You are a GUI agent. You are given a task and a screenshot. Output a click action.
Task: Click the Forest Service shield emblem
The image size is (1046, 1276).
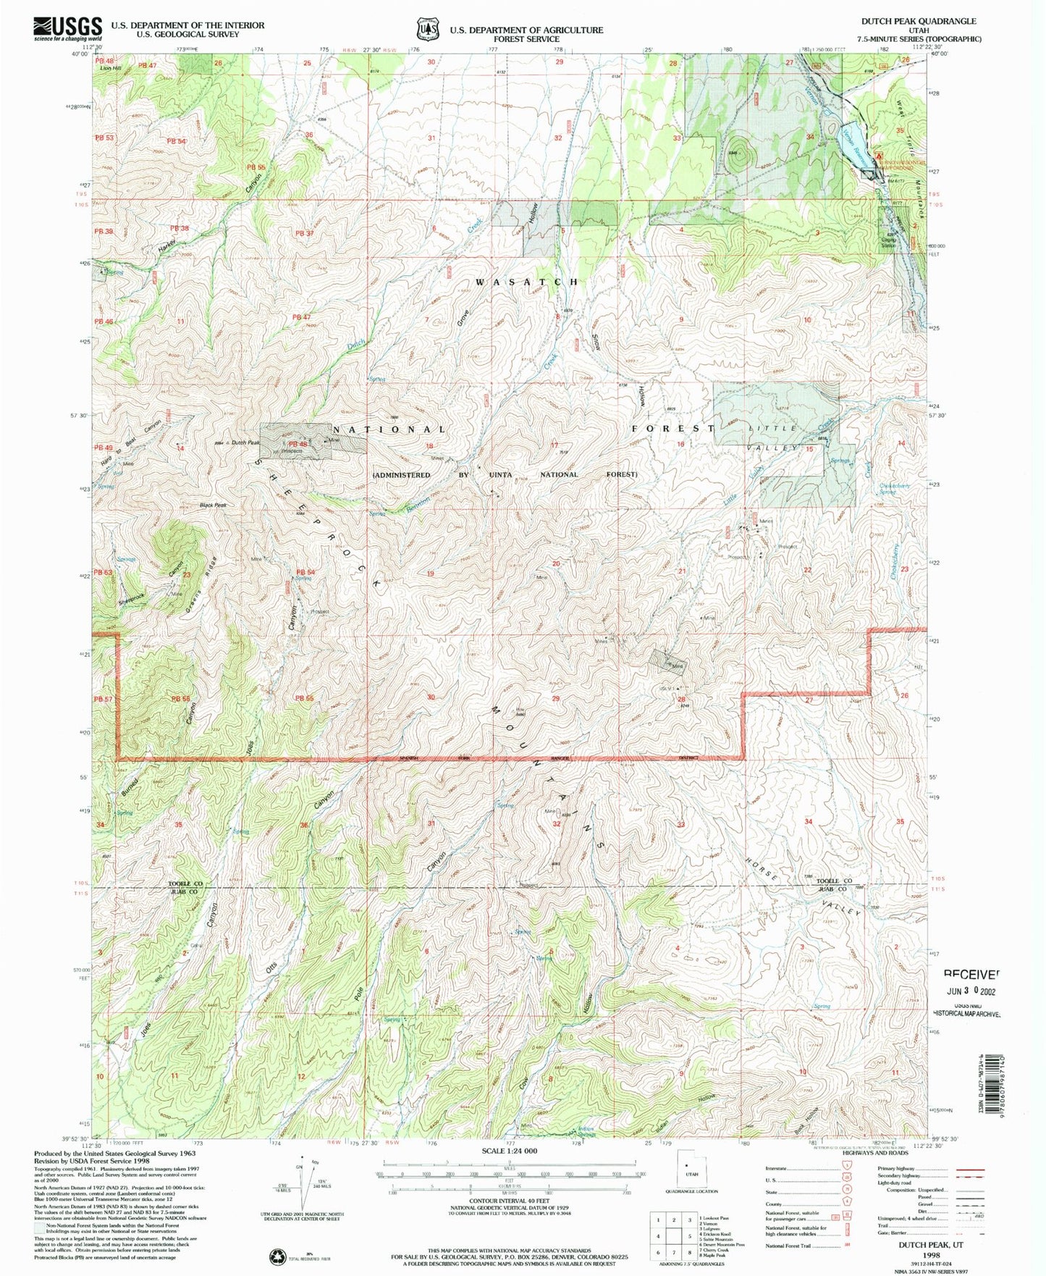[x=428, y=29]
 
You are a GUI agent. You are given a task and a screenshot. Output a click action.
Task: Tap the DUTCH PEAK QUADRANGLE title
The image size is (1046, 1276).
[x=918, y=21]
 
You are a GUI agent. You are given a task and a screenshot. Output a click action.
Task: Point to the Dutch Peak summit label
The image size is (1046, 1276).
[x=245, y=442]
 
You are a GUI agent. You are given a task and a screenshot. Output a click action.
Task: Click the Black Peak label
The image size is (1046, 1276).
[x=214, y=505]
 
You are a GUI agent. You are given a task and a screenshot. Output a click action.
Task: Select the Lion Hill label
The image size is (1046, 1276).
[x=111, y=68]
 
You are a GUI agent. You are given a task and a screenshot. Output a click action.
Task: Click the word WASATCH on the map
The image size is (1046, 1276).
[x=527, y=282]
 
